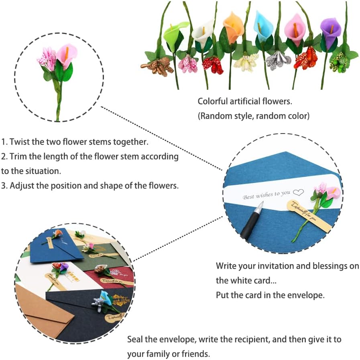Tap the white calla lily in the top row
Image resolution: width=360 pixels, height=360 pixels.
202,33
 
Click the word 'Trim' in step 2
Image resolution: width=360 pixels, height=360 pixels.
18,156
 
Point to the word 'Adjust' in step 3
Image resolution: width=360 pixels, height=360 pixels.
21,186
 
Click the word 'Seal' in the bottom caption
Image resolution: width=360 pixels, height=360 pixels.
136,340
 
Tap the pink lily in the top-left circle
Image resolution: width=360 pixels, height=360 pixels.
66,55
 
